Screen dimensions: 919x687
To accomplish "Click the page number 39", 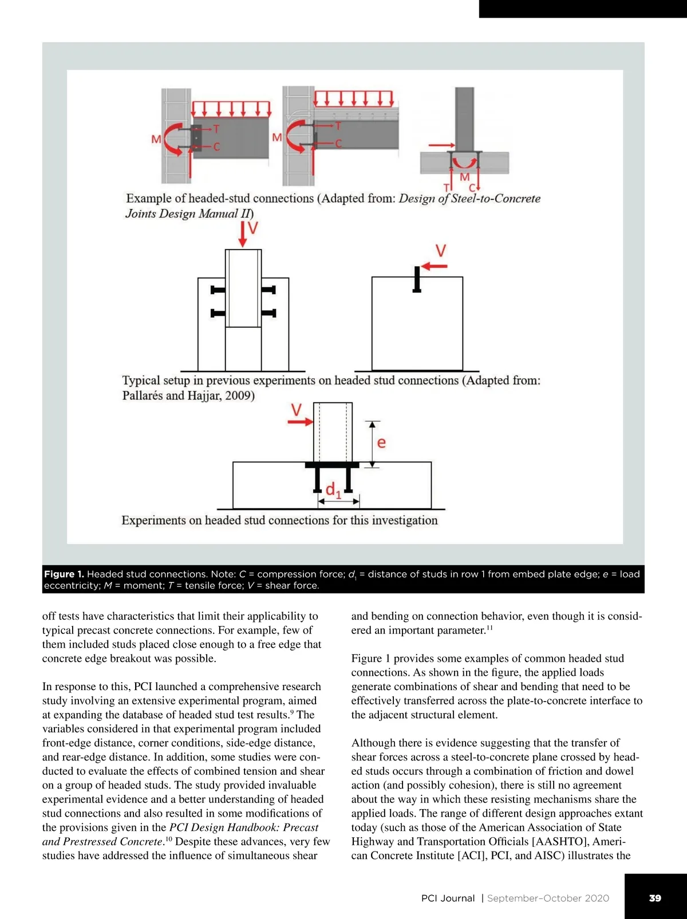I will click(655, 898).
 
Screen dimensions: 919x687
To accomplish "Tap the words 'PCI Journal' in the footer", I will click(448, 898).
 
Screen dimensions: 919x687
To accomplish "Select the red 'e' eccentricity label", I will click(382, 442).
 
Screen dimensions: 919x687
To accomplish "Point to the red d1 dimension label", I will click(333, 490).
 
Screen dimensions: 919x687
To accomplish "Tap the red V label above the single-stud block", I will click(441, 251).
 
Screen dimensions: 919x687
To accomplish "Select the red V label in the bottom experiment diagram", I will click(296, 410).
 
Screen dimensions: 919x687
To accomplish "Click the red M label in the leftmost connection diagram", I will click(156, 139).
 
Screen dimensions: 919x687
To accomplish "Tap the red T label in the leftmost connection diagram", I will click(216, 129).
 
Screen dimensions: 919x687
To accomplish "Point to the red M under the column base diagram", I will click(465, 177).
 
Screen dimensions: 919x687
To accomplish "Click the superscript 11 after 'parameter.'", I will click(489, 629).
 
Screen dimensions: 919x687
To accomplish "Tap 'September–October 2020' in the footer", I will click(548, 898).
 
